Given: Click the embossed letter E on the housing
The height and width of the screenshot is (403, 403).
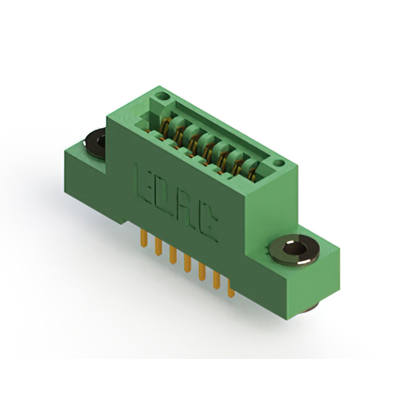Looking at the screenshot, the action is (x=144, y=186).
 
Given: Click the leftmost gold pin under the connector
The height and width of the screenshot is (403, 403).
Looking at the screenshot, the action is (x=144, y=238).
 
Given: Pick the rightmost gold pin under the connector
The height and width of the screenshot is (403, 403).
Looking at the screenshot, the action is (x=231, y=288).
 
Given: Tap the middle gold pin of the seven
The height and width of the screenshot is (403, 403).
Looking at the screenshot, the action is (x=188, y=263).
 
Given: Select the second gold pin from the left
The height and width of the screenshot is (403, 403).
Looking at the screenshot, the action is (x=158, y=246).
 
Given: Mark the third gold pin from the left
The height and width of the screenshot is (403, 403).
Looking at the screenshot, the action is (x=173, y=255).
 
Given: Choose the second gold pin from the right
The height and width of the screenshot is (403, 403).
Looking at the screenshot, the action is (x=217, y=280).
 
